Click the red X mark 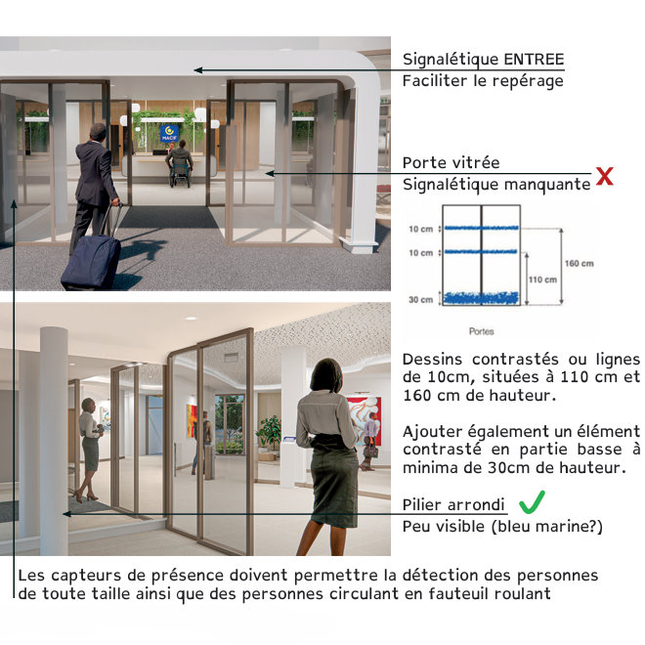point(605,177)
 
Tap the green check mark point(532,503)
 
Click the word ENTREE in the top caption point(534,60)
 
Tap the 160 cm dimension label point(580,264)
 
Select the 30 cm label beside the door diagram point(420,300)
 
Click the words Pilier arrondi point(453,505)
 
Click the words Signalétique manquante point(495,184)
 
